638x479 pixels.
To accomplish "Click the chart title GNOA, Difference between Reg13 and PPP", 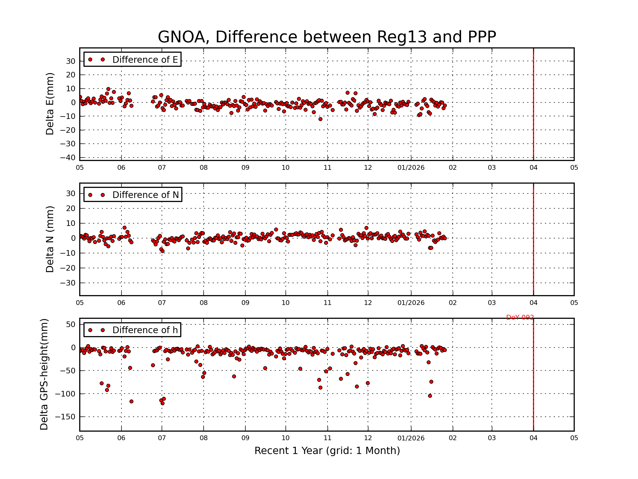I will coord(326,37).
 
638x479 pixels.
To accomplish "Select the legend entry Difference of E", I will coord(145,60).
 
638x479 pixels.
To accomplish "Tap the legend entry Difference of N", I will coord(145,195).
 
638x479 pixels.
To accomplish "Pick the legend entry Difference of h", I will coord(145,330).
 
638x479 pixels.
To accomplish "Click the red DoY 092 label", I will coord(520,317).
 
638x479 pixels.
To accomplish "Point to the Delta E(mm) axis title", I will coord(50,104).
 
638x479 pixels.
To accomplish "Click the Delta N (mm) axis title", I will coord(50,239).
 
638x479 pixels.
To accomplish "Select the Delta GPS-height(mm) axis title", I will coord(44,374).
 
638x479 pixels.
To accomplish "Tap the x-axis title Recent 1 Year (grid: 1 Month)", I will coord(327,451).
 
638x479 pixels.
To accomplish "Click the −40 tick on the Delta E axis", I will coord(68,158).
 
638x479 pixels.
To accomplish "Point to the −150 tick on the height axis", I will coord(65,417).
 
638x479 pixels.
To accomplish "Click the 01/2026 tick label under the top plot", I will coord(411,168).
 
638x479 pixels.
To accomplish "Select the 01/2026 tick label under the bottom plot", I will coord(411,438).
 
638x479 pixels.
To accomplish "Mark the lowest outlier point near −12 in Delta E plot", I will coord(320,119).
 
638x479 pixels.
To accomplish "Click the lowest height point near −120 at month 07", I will coord(162,403).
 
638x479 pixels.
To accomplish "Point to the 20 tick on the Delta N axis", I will coord(71,208).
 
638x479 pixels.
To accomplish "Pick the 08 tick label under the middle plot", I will coord(204,303).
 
